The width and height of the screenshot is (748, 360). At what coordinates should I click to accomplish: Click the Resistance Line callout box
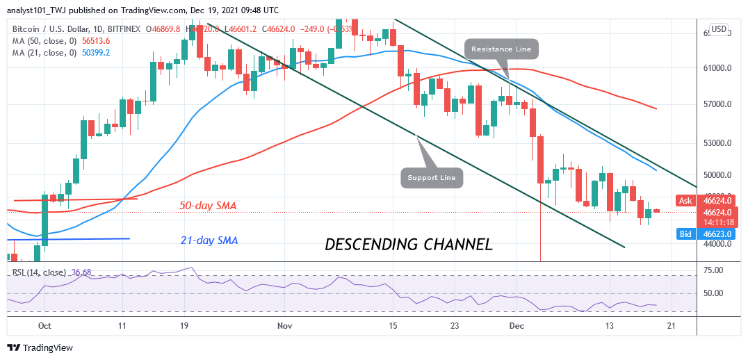[x=501, y=49]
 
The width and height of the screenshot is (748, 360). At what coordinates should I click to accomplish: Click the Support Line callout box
[x=432, y=178]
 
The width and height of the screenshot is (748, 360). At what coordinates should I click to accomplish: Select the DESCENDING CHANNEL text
[x=409, y=245]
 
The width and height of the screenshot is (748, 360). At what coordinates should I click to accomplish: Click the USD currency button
[x=717, y=29]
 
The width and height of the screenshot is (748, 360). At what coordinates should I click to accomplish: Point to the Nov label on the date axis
[x=284, y=325]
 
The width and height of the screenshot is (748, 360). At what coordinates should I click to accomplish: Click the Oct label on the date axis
[x=44, y=325]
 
